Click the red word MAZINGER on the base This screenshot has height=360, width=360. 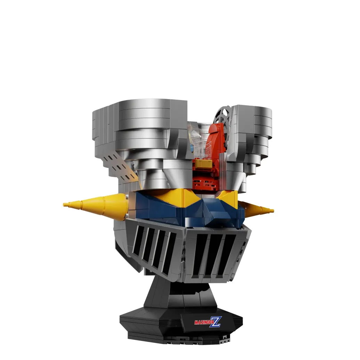click(204, 322)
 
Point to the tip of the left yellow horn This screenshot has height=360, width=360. click(64, 204)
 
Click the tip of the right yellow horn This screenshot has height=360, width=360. click(273, 210)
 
